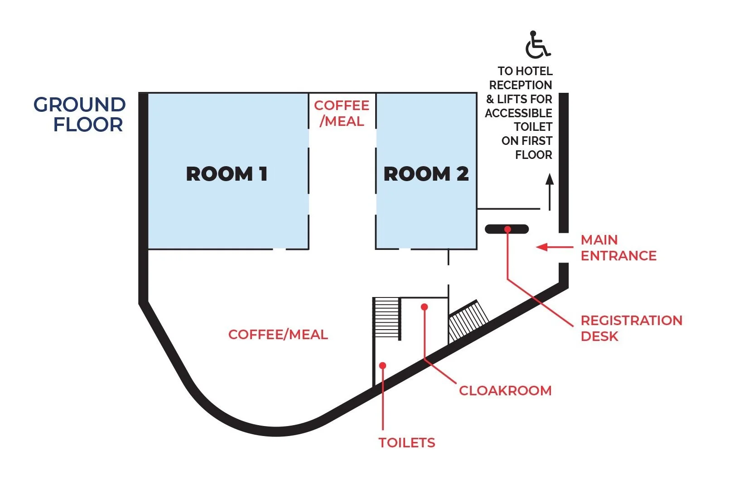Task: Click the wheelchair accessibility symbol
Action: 537,45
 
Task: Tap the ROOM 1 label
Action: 227,173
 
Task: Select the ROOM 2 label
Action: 426,173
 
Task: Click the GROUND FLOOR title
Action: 80,114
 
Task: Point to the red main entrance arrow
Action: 555,247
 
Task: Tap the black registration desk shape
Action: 507,229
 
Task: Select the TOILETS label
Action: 407,443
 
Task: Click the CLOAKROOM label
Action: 505,390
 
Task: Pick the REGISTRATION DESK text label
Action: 632,328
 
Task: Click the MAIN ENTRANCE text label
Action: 618,248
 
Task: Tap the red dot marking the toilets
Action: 382,365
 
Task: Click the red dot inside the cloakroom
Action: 425,307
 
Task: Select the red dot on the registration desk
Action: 507,229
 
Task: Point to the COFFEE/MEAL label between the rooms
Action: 342,113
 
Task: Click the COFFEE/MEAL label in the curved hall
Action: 278,335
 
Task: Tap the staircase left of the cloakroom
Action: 387,318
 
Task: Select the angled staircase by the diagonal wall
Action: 468,321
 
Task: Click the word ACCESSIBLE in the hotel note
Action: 518,113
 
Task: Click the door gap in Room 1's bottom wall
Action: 279,249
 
